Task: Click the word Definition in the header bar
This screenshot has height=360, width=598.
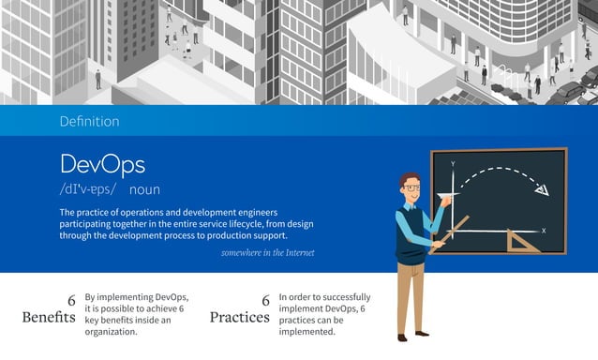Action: [89, 121]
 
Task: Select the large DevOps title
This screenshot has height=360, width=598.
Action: [102, 165]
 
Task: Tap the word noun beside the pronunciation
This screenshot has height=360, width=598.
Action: [144, 189]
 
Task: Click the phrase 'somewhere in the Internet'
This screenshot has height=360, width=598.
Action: [267, 252]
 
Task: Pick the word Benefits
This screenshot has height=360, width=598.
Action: [49, 317]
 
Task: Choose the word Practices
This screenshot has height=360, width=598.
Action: [239, 317]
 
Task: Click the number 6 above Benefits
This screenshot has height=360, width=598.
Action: [71, 300]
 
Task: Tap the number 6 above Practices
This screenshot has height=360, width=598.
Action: [265, 300]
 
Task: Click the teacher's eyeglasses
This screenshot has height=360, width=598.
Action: [411, 188]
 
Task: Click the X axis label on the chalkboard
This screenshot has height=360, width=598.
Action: [544, 230]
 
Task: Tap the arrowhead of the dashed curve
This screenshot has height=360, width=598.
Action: [541, 192]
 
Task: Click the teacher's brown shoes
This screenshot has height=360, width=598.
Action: [410, 337]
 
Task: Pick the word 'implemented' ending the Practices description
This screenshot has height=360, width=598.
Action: [307, 331]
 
